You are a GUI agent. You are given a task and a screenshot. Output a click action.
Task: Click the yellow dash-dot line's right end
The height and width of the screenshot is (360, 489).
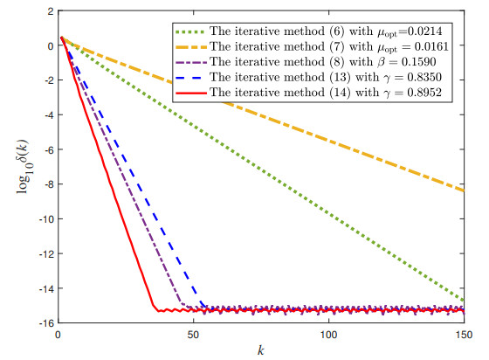464,190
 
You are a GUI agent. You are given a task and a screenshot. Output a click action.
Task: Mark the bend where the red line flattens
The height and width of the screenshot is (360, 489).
155,308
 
